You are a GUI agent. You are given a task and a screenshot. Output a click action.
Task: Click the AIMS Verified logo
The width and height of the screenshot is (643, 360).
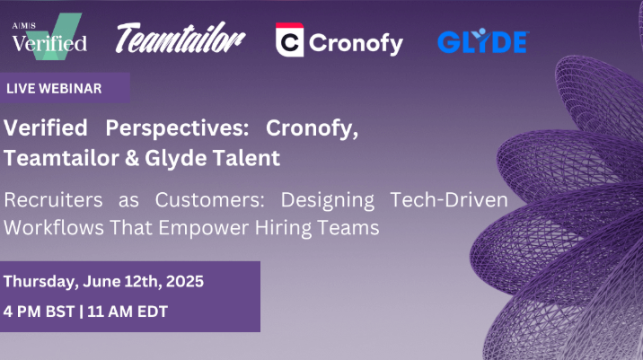[49, 37]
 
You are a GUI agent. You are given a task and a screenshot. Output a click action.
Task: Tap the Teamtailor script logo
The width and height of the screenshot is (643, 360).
[181, 38]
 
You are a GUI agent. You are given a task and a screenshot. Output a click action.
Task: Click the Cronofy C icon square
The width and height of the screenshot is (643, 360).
[289, 40]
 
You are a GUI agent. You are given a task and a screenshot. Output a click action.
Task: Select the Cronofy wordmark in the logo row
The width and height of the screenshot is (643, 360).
[356, 43]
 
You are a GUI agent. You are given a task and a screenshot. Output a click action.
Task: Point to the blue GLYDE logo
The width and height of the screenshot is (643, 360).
[483, 41]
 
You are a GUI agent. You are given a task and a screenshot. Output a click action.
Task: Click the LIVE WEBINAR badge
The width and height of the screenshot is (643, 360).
[65, 88]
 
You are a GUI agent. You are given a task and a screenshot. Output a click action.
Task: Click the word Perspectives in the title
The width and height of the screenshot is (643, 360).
[177, 127]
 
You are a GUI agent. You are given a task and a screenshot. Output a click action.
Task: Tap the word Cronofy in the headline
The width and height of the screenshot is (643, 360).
[312, 127]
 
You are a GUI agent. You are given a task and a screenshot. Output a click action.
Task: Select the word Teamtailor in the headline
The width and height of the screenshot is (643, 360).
[61, 158]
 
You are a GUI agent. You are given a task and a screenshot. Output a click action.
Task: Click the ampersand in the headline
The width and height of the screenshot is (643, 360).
[132, 158]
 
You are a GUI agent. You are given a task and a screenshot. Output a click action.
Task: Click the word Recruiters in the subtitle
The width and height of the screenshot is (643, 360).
[53, 199]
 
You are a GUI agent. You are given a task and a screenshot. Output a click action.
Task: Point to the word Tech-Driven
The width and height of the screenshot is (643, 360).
[449, 199]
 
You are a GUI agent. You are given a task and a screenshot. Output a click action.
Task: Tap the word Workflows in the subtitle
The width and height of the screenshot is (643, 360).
[54, 227]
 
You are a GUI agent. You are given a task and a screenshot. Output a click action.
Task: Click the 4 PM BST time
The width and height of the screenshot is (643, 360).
[39, 312]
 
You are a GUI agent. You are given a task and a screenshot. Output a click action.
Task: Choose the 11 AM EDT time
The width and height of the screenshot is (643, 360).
[128, 312]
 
